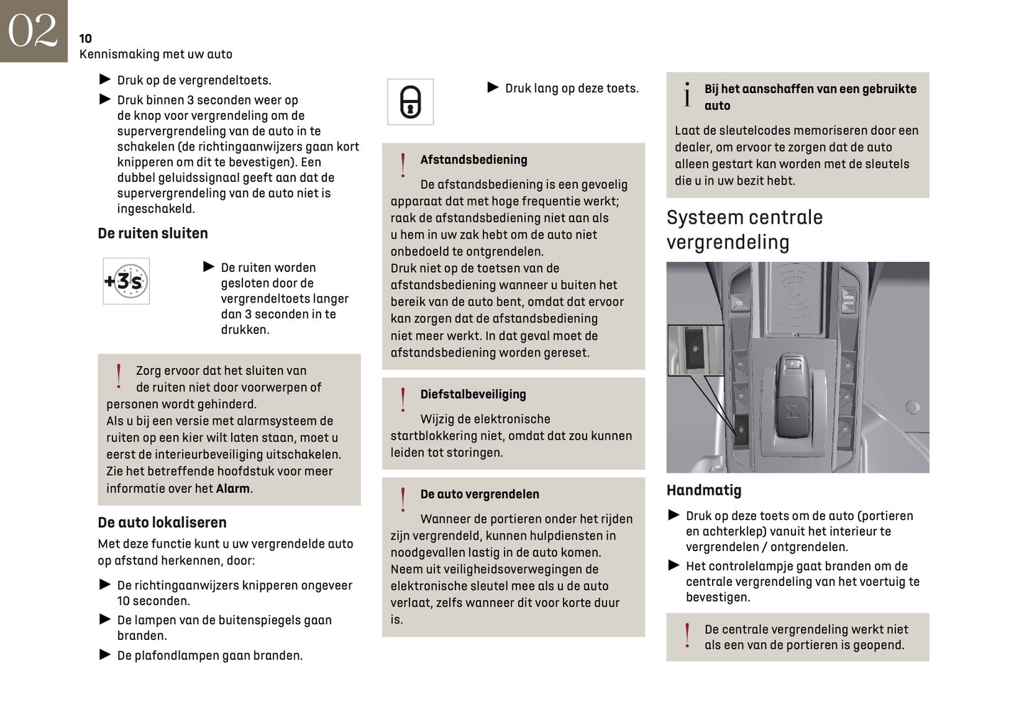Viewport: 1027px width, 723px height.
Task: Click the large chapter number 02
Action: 33,31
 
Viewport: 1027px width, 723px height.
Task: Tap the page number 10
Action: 85,38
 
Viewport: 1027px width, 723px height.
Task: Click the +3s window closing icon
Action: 126,281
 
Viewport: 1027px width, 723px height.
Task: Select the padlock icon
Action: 410,102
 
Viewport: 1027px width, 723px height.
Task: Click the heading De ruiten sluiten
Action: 153,234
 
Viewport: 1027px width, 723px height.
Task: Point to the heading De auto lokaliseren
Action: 162,523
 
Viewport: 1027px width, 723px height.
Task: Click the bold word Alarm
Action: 232,489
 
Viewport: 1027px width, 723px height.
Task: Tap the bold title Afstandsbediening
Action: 473,160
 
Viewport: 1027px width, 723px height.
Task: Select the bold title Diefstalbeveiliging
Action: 473,394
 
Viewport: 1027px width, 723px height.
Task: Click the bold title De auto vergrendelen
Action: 479,494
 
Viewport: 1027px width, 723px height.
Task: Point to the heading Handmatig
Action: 704,490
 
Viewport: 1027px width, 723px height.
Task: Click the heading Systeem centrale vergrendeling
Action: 744,229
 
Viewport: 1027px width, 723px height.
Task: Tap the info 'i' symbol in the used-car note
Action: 687,95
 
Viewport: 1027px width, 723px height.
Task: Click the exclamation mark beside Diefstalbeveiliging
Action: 403,399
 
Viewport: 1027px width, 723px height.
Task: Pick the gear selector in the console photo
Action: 791,398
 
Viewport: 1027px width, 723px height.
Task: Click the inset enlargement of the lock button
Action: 694,350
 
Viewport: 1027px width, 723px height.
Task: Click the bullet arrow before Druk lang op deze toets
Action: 493,87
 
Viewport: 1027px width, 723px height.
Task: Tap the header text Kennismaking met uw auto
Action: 156,54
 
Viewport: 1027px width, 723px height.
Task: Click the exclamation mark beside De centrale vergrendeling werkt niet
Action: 687,635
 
